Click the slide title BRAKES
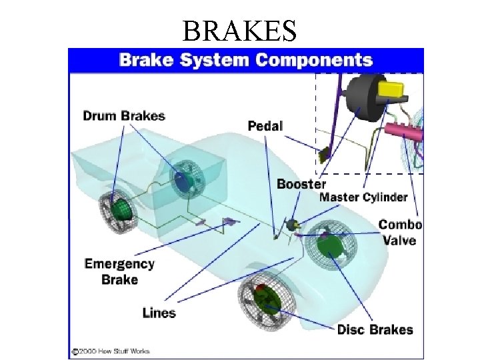[x=239, y=30]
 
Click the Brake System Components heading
[x=245, y=59]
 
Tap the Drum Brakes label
[x=123, y=116]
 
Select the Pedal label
[x=265, y=125]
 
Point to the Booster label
[x=301, y=184]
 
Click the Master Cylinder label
[x=363, y=197]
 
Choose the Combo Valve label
[x=400, y=232]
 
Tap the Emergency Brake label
[x=119, y=271]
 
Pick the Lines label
[x=159, y=312]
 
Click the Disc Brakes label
[x=375, y=329]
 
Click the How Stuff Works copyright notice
[x=111, y=351]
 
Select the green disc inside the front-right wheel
[x=329, y=246]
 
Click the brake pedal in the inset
[x=325, y=155]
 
